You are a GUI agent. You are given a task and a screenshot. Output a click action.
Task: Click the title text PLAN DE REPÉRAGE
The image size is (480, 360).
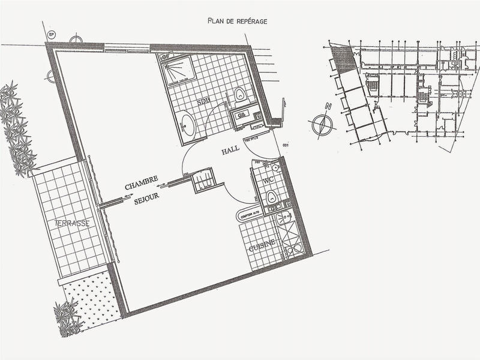pos(237,21)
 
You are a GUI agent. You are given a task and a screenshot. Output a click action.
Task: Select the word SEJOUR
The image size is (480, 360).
pos(143,202)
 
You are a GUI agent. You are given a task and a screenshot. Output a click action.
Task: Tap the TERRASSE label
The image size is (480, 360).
pos(72,223)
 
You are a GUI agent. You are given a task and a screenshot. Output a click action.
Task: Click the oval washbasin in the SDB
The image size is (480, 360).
pos(187,125)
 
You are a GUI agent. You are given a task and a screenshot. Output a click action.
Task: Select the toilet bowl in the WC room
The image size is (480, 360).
pos(271,196)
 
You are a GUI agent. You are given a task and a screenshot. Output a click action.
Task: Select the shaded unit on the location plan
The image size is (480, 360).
pos(343,60)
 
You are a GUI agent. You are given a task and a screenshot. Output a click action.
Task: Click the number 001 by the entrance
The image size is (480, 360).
pos(286,144)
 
